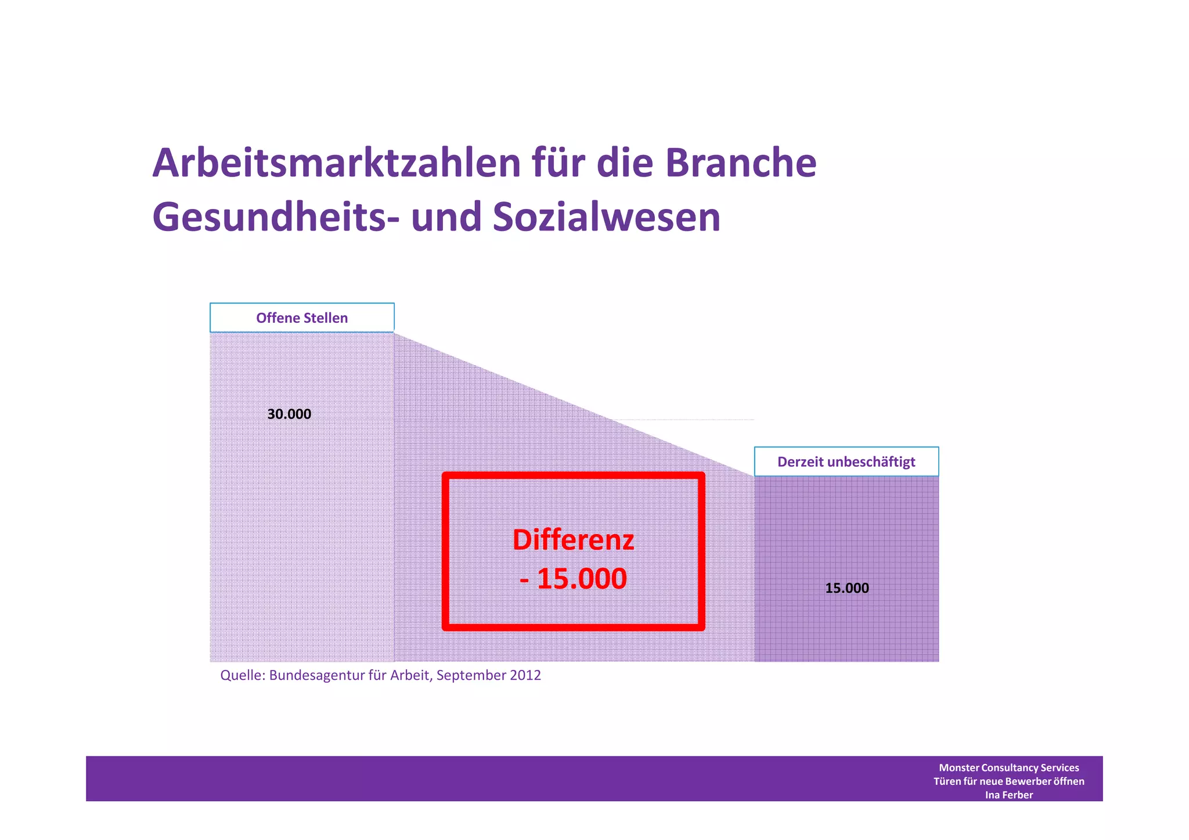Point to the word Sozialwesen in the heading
pyautogui.click(x=606, y=217)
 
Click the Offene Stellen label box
pyautogui.click(x=302, y=318)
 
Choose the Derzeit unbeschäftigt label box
pyautogui.click(x=846, y=462)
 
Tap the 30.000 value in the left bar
pyautogui.click(x=289, y=414)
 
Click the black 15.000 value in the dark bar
pyautogui.click(x=847, y=588)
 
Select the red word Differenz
pyautogui.click(x=573, y=540)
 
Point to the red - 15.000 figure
pyautogui.click(x=573, y=579)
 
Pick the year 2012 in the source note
pyautogui.click(x=525, y=676)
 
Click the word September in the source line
pyautogui.click(x=470, y=676)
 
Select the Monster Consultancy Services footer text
pyautogui.click(x=1008, y=767)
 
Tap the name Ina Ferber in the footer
pyautogui.click(x=1008, y=795)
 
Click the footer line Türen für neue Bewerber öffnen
pyautogui.click(x=1008, y=781)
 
